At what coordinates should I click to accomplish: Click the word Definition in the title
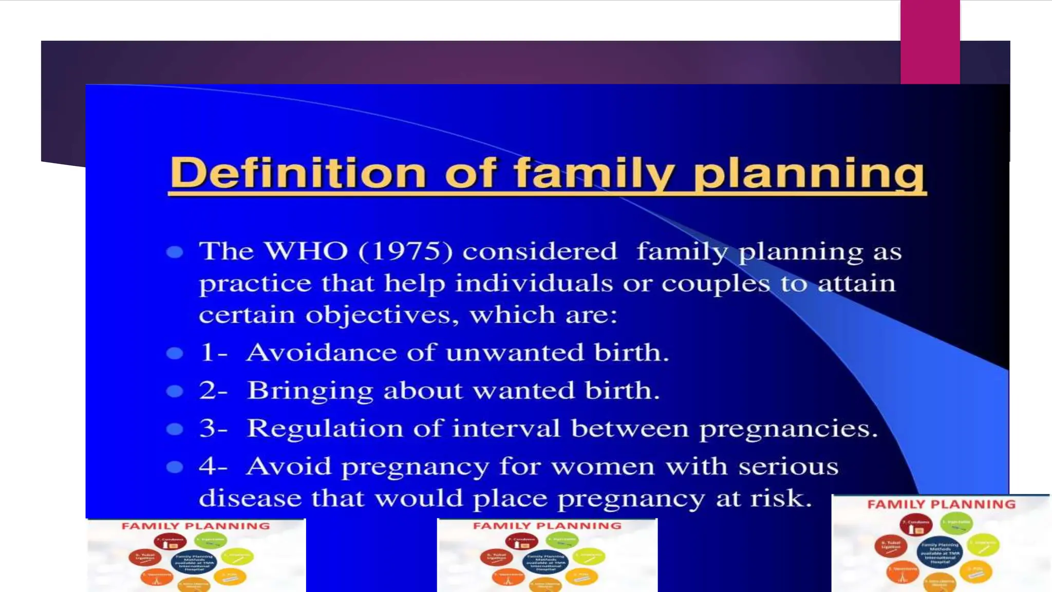297,173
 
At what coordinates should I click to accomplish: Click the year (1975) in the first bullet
406,251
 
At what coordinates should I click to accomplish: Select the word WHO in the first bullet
306,251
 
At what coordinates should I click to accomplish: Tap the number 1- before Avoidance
213,353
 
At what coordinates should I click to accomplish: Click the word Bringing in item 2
310,391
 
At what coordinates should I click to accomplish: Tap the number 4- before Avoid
213,467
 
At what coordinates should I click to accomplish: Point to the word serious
788,467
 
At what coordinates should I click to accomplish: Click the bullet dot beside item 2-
175,392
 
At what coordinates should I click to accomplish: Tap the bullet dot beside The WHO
175,252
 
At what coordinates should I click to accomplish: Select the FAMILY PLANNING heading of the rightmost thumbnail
941,505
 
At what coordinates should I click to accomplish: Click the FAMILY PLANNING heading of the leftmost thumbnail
195,526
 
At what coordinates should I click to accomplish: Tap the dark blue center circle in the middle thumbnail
546,562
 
